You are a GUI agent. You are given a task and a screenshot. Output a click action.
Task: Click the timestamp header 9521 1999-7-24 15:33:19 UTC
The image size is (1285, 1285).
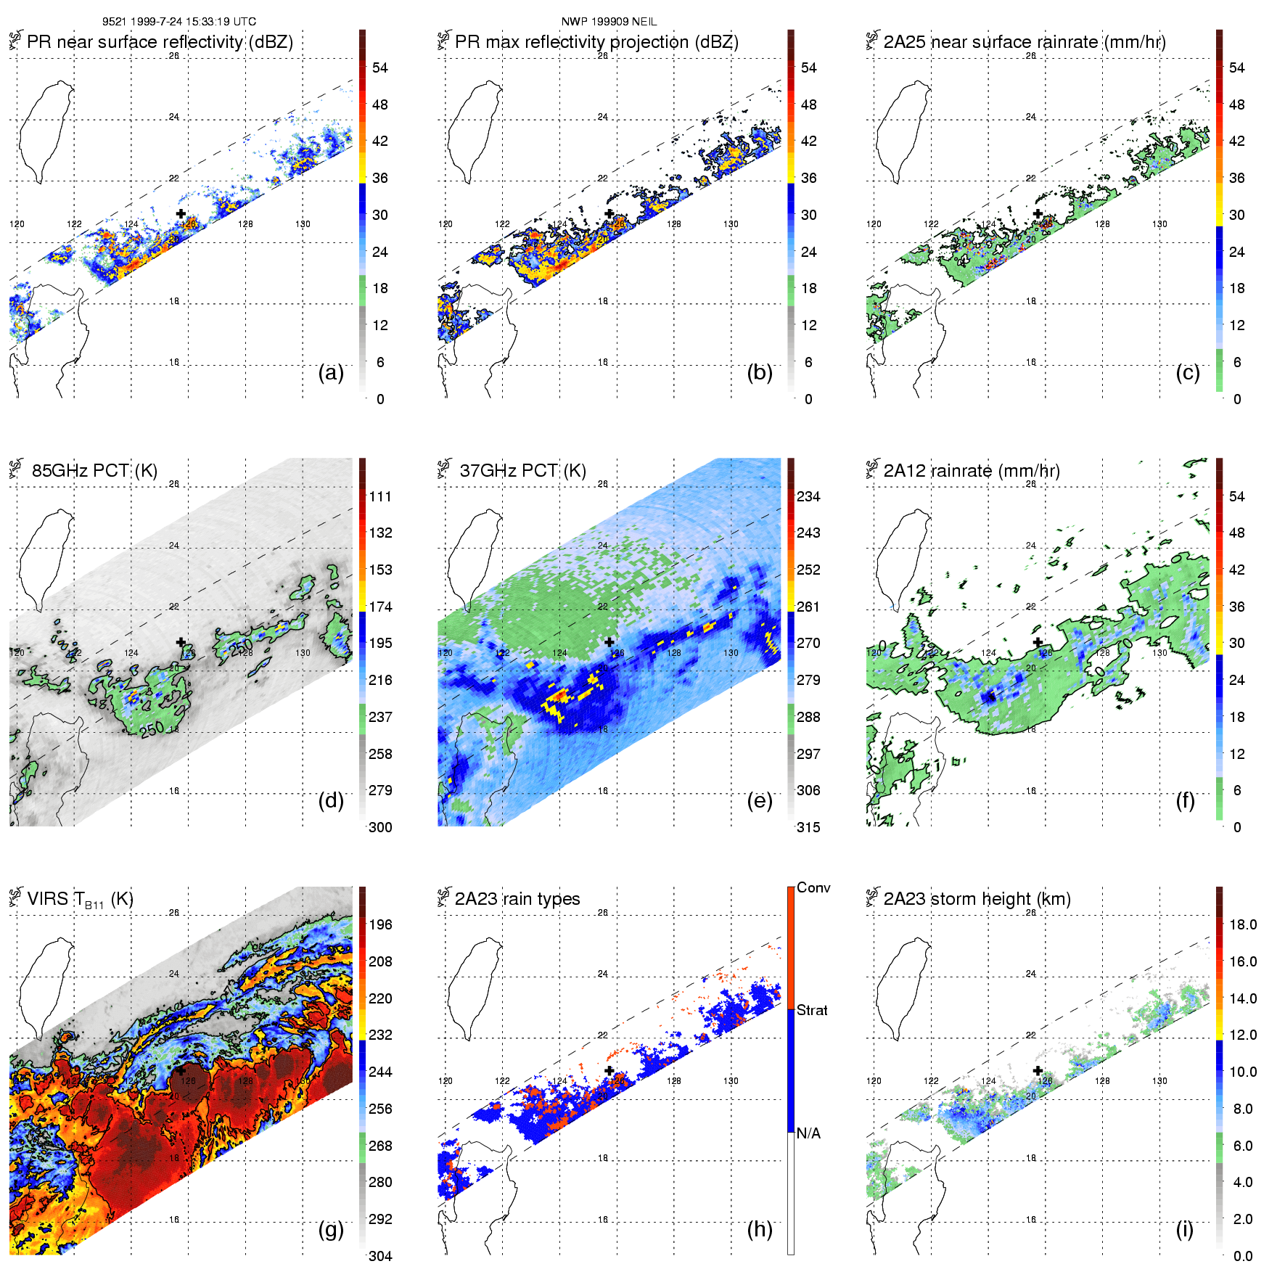178,22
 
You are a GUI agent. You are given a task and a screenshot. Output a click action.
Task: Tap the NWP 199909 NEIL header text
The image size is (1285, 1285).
609,22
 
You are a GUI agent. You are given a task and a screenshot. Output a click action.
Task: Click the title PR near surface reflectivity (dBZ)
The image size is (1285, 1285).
160,42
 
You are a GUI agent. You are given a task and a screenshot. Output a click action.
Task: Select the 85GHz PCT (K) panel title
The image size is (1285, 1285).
94,470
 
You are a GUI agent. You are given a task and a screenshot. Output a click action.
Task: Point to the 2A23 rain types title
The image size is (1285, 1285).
517,899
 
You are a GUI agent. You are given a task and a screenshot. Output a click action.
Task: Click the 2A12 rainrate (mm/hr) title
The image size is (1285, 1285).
972,470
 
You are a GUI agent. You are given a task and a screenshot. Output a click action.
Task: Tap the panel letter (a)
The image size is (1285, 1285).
331,373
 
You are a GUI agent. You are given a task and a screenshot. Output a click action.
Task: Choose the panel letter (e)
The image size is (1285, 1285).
759,801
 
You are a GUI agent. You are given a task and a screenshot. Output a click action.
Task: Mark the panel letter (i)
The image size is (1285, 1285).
1184,1229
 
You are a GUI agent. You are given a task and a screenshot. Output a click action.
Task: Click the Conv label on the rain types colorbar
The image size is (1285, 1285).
813,887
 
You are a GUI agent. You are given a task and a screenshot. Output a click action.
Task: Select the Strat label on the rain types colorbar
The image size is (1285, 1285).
812,1010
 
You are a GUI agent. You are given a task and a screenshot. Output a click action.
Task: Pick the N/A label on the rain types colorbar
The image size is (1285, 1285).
808,1133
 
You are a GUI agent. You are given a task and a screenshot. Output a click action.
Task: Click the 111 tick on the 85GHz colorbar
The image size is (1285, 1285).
380,496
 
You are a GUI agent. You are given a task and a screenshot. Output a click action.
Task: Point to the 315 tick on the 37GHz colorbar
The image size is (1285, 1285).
808,827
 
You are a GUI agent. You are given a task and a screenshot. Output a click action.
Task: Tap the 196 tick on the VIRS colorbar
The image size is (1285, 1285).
380,924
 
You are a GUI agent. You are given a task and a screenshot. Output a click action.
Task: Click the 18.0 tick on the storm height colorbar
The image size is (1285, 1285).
1242,924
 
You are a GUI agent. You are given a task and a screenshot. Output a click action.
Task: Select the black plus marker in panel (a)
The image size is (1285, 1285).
181,213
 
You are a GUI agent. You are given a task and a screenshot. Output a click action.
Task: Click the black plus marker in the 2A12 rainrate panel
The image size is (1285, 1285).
1038,642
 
